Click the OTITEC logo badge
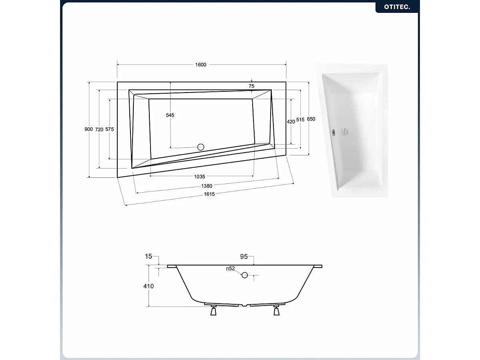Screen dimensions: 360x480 pyautogui.click(x=397, y=7)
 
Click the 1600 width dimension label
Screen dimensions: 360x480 pyautogui.click(x=201, y=65)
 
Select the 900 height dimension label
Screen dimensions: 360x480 pyautogui.click(x=88, y=129)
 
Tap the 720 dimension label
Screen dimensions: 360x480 pyautogui.click(x=99, y=129)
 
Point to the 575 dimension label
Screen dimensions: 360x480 pyautogui.click(x=110, y=129)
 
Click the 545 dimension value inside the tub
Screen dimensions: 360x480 pyautogui.click(x=170, y=115)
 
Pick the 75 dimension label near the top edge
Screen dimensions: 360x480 pyautogui.click(x=251, y=86)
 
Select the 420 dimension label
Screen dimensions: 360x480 pyautogui.click(x=291, y=122)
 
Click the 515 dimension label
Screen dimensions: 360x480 pyautogui.click(x=301, y=120)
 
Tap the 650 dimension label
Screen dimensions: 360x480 pyautogui.click(x=311, y=119)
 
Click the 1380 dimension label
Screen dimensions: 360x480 pyautogui.click(x=207, y=186)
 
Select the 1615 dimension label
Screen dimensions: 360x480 pyautogui.click(x=209, y=194)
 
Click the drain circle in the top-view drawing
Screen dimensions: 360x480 pyautogui.click(x=201, y=147)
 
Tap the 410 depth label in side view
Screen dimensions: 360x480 pyautogui.click(x=149, y=286)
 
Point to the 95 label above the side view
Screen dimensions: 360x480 pyautogui.click(x=244, y=257)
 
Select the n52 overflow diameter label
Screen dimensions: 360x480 pyautogui.click(x=230, y=269)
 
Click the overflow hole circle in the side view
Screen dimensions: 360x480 pyautogui.click(x=245, y=275)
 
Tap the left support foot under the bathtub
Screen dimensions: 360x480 pyautogui.click(x=213, y=311)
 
